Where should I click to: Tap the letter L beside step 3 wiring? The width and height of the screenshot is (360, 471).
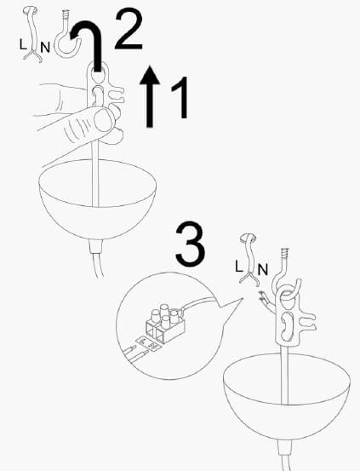tap(239, 267)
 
